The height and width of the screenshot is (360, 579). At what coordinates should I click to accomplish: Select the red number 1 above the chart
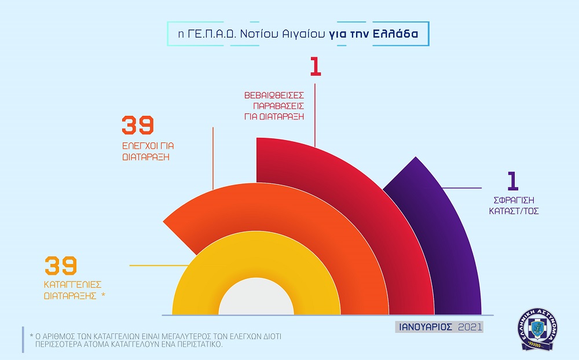pyautogui.click(x=315, y=67)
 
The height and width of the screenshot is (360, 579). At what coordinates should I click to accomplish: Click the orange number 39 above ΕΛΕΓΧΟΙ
pyautogui.click(x=138, y=126)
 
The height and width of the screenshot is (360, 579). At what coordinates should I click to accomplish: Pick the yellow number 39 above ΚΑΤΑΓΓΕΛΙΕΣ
pyautogui.click(x=61, y=266)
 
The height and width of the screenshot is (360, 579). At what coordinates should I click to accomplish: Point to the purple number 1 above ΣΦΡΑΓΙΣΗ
pyautogui.click(x=512, y=181)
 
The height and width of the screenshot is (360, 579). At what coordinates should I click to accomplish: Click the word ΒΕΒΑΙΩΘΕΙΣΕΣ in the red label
pyautogui.click(x=274, y=94)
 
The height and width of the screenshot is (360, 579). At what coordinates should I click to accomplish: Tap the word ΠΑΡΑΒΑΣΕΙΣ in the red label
pyautogui.click(x=278, y=106)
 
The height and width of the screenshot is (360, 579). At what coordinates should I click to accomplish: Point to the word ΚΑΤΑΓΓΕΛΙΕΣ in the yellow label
pyautogui.click(x=73, y=284)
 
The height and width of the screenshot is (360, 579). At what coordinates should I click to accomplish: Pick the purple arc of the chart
pyautogui.click(x=446, y=243)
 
